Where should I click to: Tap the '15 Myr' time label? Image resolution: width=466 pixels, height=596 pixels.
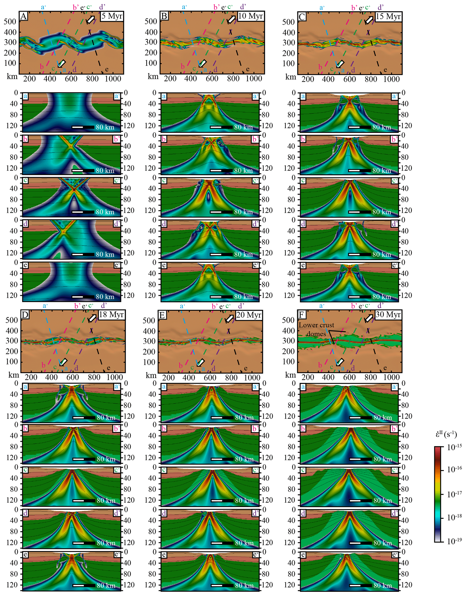tap(388, 16)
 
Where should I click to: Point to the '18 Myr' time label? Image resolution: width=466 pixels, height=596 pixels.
tap(111, 314)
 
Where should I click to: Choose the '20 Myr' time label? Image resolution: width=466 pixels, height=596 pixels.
tap(248, 315)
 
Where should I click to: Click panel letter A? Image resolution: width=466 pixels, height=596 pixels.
tap(24, 16)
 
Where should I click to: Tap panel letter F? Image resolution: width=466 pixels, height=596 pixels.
tap(301, 315)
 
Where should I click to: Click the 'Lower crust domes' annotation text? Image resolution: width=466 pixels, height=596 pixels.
tap(316, 329)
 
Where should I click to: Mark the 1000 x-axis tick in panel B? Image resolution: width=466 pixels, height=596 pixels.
tap(254, 79)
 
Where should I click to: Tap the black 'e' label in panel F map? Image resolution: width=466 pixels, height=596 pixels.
tap(385, 368)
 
